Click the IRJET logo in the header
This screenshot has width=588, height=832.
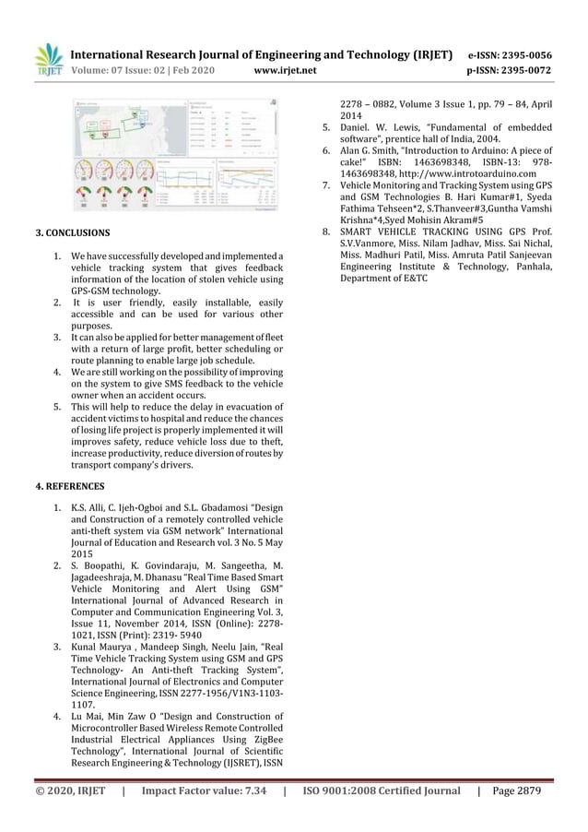click(x=49, y=61)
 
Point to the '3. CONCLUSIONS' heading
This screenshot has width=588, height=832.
click(x=73, y=233)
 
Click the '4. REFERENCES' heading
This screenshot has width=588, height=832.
click(x=70, y=485)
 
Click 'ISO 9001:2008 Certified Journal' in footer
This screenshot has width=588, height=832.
click(x=382, y=790)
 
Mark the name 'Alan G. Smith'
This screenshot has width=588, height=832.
click(x=372, y=149)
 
